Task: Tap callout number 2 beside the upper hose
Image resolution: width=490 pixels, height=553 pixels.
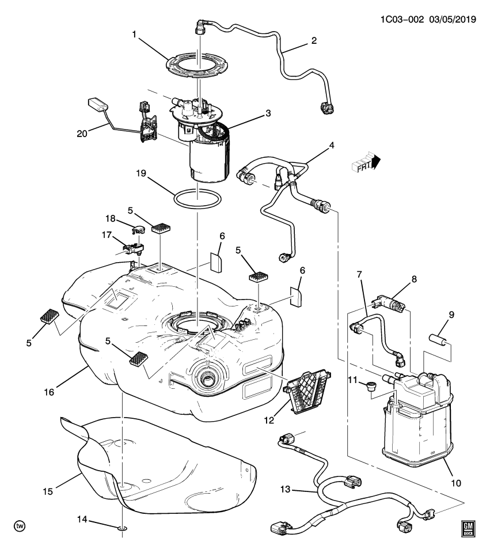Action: click(314, 41)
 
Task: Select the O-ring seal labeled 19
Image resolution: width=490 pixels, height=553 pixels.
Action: click(197, 199)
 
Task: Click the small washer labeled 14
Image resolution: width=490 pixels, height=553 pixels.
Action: click(122, 527)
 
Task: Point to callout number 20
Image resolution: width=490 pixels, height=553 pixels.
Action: click(82, 134)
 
